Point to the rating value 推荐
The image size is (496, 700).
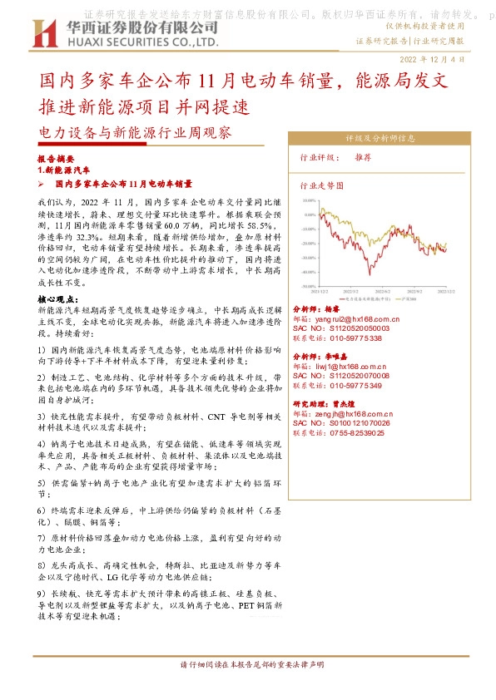363,156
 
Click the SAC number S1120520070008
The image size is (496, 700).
353,377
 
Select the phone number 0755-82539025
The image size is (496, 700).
355,433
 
